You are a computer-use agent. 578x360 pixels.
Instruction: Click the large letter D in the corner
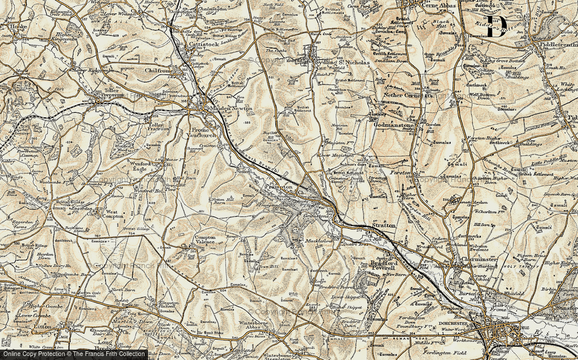pos(496,27)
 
